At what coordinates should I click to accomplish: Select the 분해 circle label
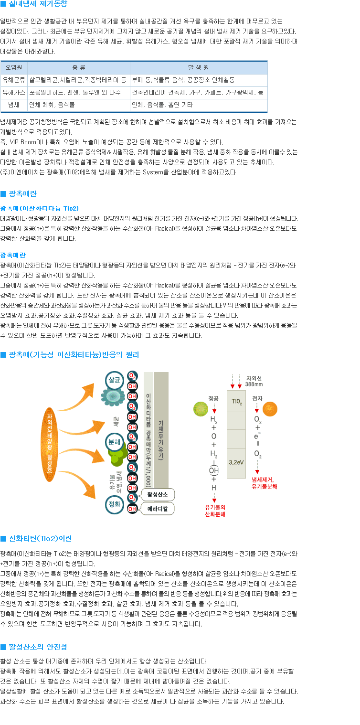[x=115, y=442]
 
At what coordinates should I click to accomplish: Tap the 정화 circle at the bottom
[x=115, y=504]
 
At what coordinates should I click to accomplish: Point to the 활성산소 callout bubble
[x=158, y=494]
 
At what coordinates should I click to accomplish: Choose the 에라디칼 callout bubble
[x=158, y=509]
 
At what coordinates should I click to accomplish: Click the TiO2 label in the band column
[x=236, y=401]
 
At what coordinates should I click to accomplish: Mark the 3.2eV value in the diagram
[x=236, y=462]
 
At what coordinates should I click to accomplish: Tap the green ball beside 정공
[x=201, y=409]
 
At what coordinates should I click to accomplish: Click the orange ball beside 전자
[x=270, y=409]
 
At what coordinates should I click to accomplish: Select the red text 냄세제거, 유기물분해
[x=264, y=483]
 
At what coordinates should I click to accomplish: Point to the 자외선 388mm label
[x=254, y=381]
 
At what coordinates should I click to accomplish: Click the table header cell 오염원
[x=14, y=68]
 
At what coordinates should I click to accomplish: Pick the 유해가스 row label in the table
[x=14, y=93]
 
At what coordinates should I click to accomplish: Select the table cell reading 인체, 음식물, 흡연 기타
[x=162, y=105]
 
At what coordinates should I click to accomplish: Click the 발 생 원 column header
[x=199, y=68]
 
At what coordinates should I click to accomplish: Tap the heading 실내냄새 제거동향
[x=38, y=4]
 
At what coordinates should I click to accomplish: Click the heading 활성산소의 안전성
[x=38, y=647]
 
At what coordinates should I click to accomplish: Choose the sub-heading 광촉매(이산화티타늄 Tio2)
[x=40, y=208]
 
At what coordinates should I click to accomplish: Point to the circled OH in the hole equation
[x=214, y=470]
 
